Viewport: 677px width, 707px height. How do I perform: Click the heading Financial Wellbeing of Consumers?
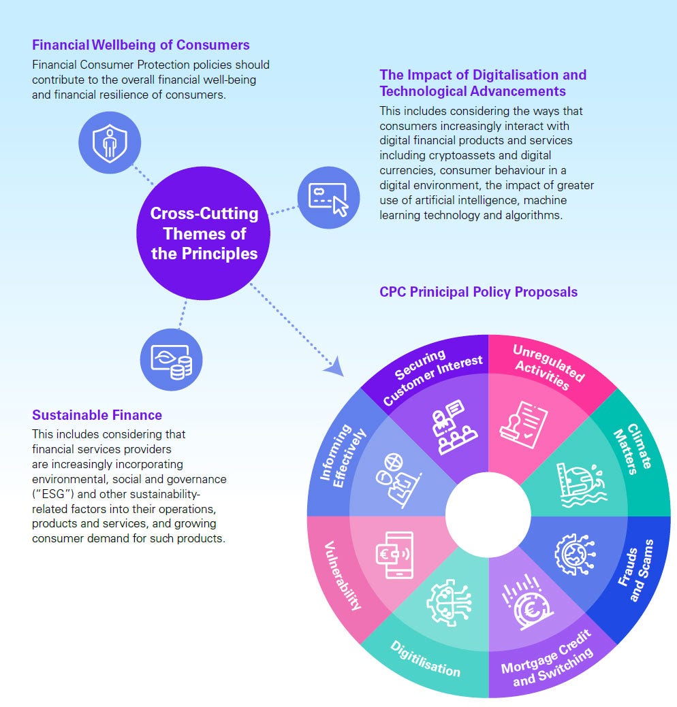point(141,46)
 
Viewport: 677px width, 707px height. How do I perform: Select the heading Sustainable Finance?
point(97,415)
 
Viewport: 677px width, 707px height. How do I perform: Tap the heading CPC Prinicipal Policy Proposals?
point(478,292)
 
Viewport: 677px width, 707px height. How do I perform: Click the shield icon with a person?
point(109,144)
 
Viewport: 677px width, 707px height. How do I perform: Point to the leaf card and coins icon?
point(171,360)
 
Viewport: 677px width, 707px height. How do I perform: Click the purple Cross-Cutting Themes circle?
point(204,233)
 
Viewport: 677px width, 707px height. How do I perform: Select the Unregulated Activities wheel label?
point(544,367)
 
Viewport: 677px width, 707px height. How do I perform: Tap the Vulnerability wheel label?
point(343,574)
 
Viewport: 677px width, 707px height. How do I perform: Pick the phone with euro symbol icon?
point(394,555)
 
